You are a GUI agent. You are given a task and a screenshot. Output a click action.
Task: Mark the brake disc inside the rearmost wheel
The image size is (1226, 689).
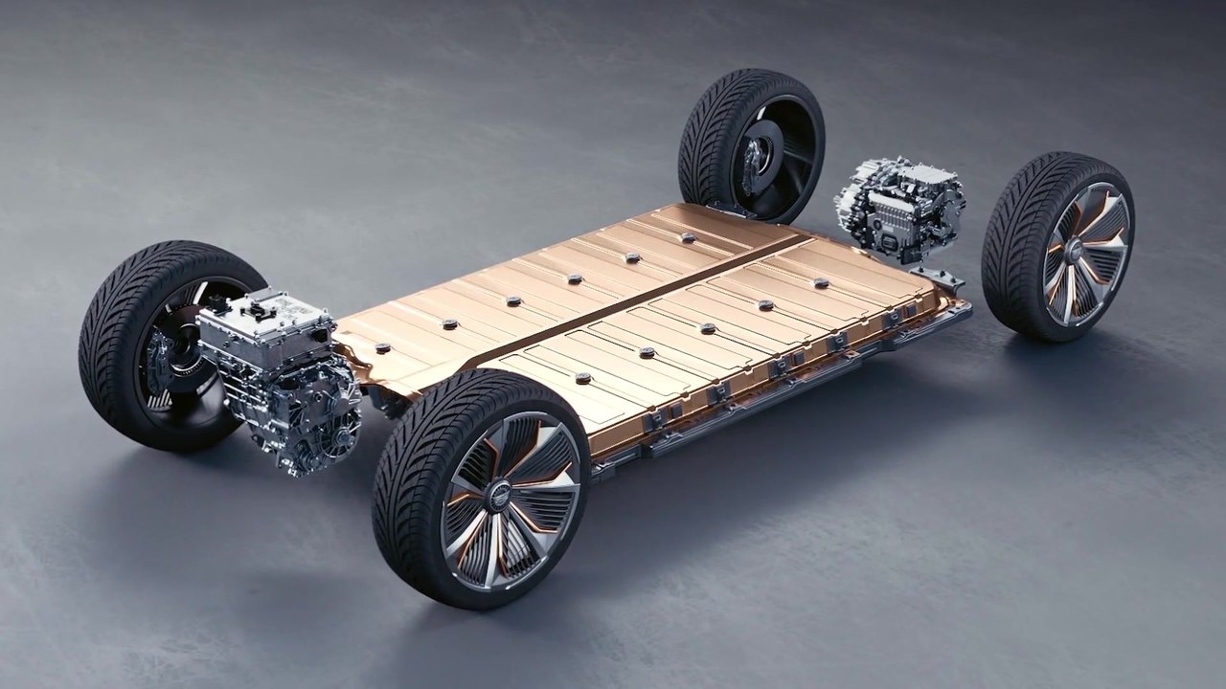point(761,148)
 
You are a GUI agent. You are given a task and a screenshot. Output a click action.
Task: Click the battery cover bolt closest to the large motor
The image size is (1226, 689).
point(382,347)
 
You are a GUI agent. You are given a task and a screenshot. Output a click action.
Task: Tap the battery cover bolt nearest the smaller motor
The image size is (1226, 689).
point(821,283)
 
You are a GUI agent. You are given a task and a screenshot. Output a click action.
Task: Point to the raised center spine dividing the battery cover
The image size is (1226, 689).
point(651,297)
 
